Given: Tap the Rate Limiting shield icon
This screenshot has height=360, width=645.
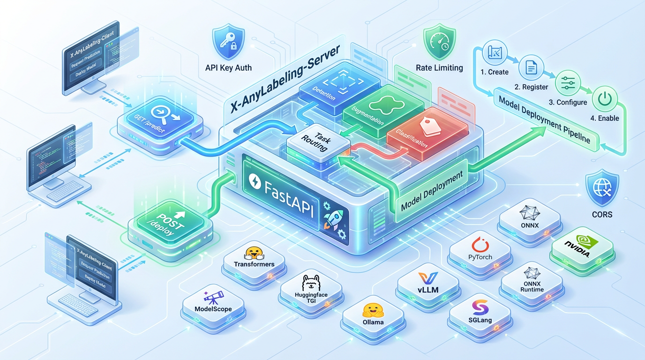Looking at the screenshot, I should [439, 43].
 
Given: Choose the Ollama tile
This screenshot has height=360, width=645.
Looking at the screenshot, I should [373, 315].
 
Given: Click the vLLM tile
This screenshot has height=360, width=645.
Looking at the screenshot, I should [427, 284].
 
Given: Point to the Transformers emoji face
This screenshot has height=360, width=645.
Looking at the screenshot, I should [254, 253].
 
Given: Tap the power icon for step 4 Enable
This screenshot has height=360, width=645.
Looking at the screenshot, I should [605, 100].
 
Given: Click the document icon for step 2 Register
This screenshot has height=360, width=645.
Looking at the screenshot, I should [531, 68].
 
